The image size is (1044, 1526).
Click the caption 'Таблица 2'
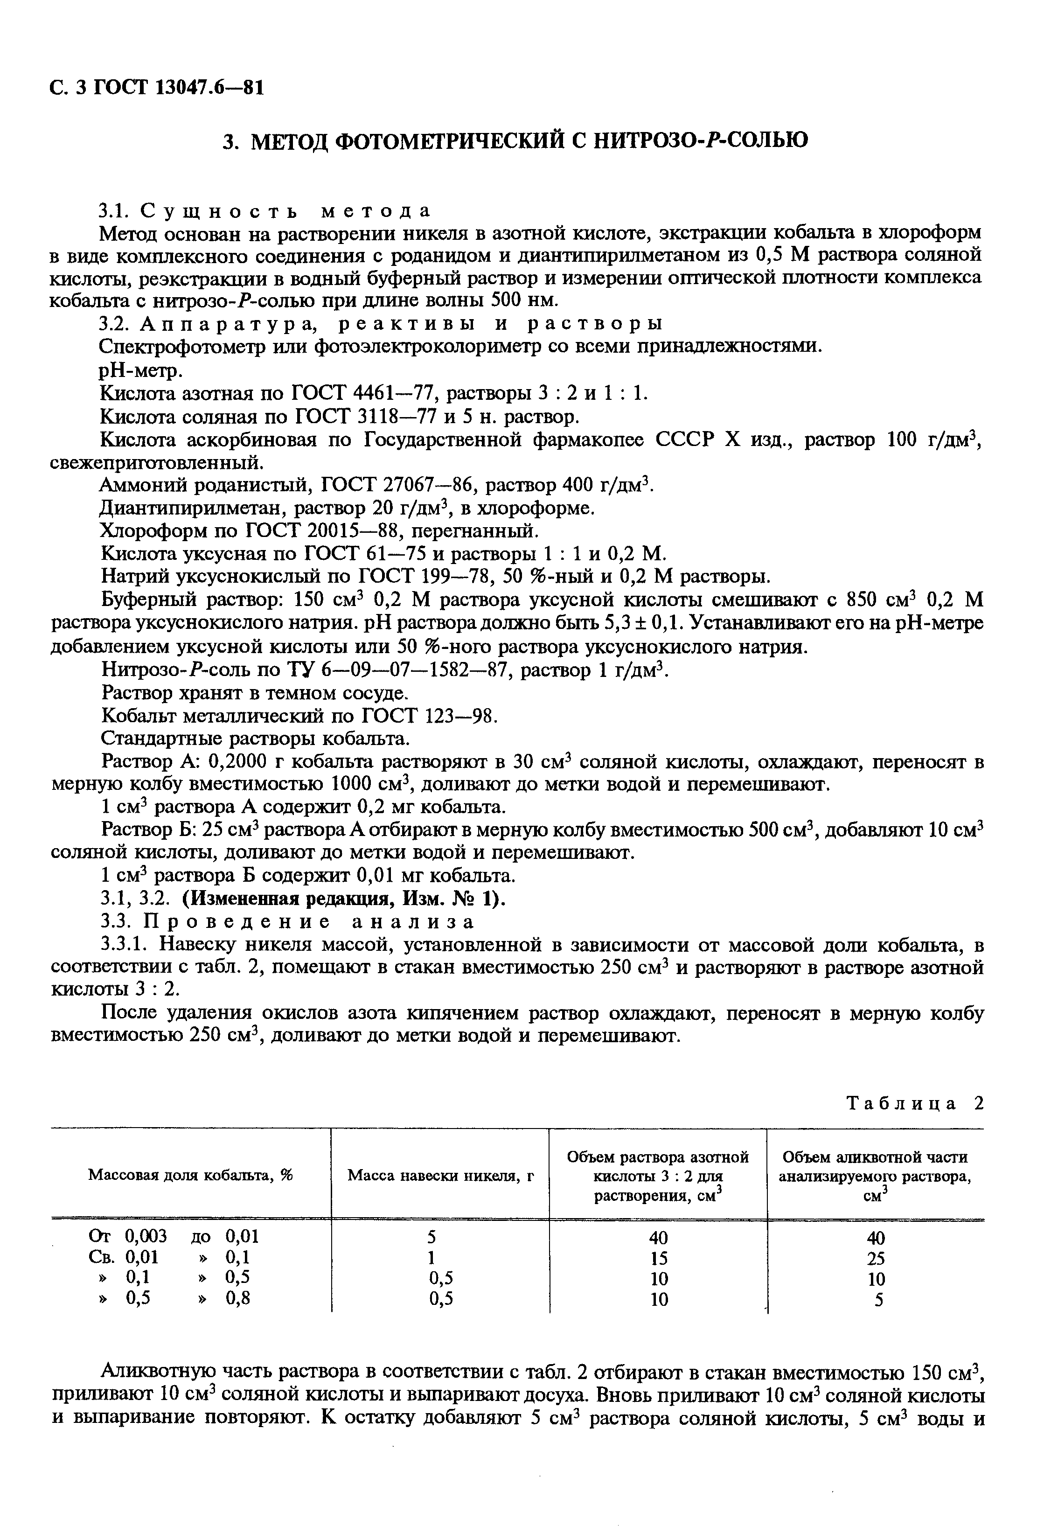(915, 1103)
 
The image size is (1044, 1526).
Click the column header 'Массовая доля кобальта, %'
(190, 1175)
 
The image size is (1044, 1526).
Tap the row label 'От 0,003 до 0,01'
(174, 1236)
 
